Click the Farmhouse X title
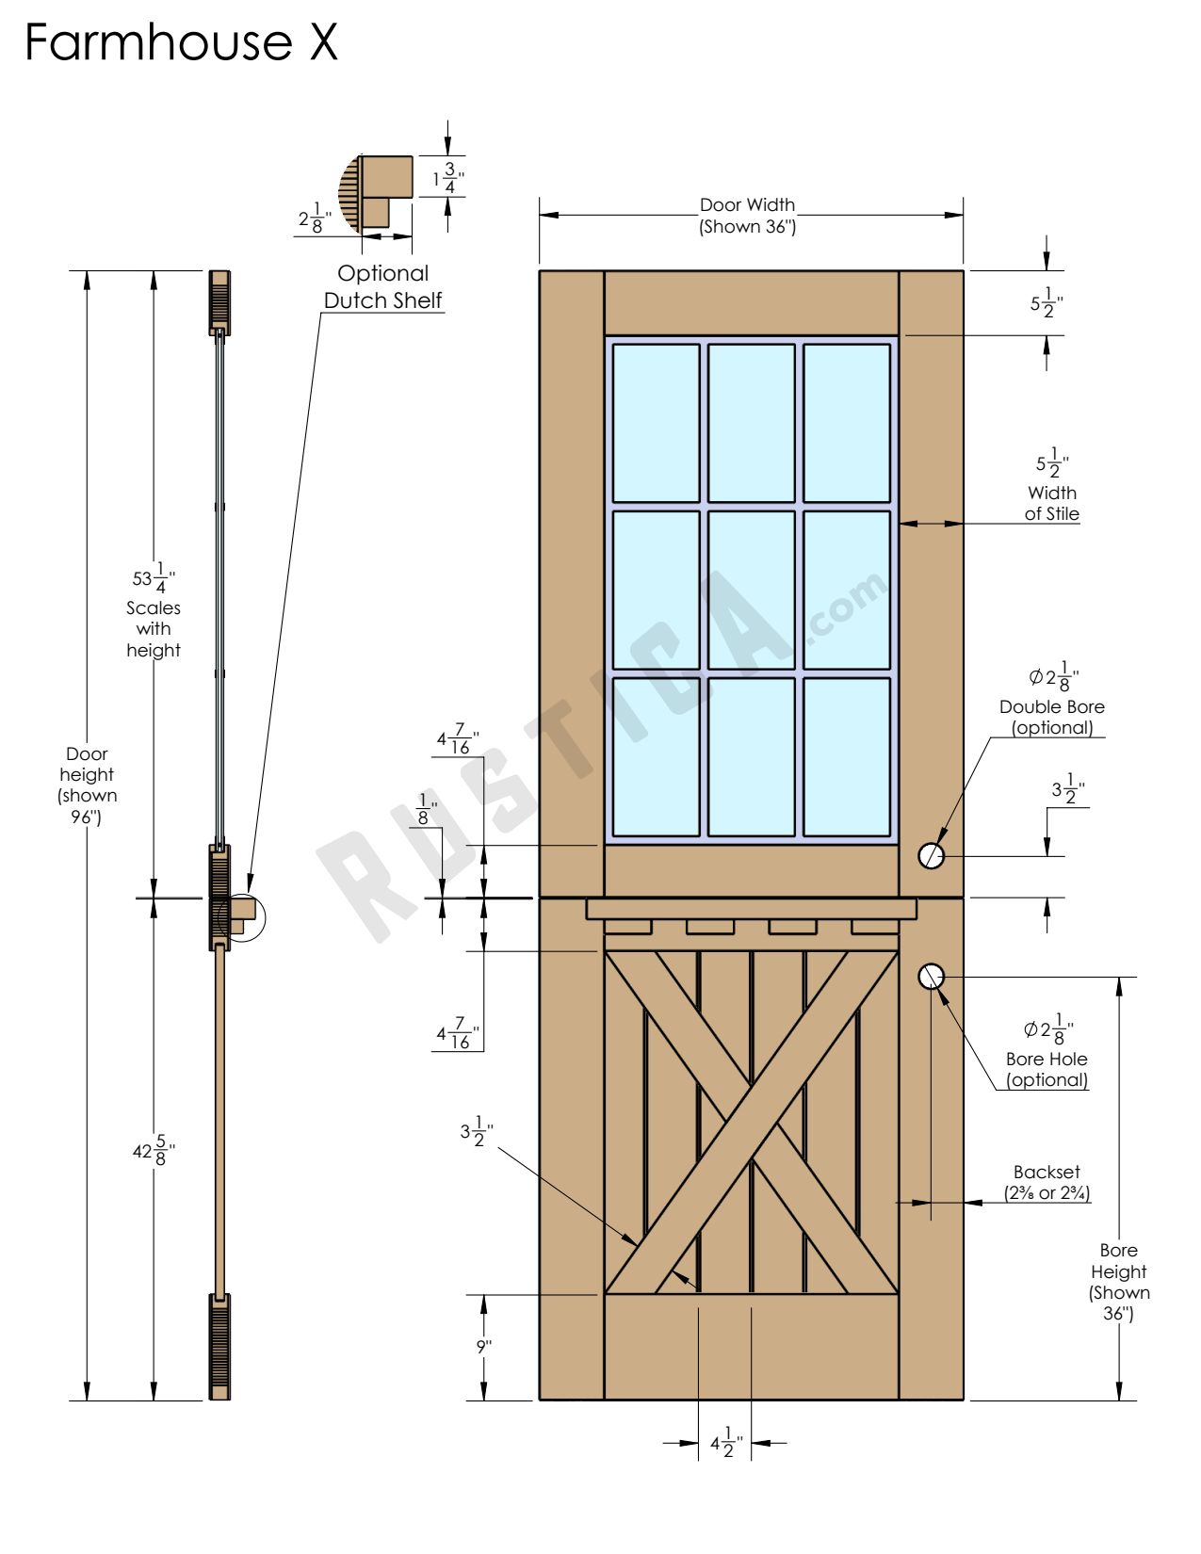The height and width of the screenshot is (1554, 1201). pyautogui.click(x=181, y=43)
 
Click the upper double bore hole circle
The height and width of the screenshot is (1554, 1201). pyautogui.click(x=931, y=855)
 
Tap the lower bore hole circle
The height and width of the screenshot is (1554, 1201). pyautogui.click(x=931, y=977)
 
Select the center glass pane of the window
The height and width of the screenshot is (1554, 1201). pyautogui.click(x=752, y=591)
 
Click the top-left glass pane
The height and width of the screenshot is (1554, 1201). pyautogui.click(x=657, y=423)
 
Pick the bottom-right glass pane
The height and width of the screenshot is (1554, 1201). pyautogui.click(x=847, y=757)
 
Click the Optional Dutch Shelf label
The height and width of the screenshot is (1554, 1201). pyautogui.click(x=383, y=286)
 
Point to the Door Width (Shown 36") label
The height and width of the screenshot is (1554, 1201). pyautogui.click(x=748, y=216)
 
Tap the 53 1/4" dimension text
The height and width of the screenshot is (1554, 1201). pyautogui.click(x=154, y=576)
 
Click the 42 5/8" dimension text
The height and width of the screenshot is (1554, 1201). pyautogui.click(x=154, y=1151)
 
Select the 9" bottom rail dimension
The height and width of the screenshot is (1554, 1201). pyautogui.click(x=483, y=1347)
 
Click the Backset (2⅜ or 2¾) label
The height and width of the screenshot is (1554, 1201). pyautogui.click(x=1047, y=1183)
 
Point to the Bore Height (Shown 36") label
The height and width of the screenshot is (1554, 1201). pyautogui.click(x=1119, y=1281)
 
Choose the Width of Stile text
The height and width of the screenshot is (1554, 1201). pyautogui.click(x=1052, y=503)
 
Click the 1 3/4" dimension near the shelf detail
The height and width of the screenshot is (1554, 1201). pyautogui.click(x=448, y=177)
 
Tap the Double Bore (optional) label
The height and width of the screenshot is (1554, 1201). pyautogui.click(x=1052, y=717)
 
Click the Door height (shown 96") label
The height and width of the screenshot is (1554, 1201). pyautogui.click(x=87, y=785)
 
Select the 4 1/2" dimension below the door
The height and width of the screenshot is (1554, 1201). pyautogui.click(x=725, y=1443)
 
